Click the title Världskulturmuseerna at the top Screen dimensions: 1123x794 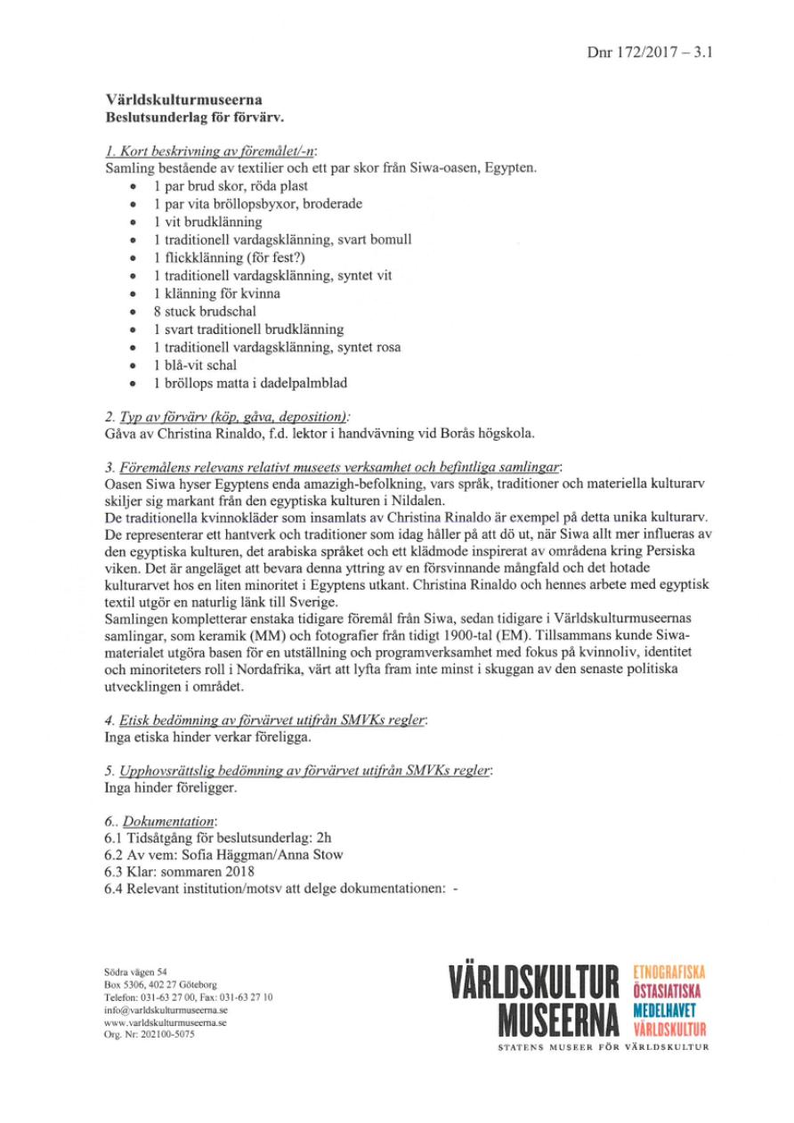(183, 101)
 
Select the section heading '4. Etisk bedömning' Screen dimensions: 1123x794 (265, 720)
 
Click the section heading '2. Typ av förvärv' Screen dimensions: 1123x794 (226, 416)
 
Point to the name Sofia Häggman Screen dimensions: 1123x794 (211, 855)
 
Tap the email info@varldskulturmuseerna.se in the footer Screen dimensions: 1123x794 (164, 1011)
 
